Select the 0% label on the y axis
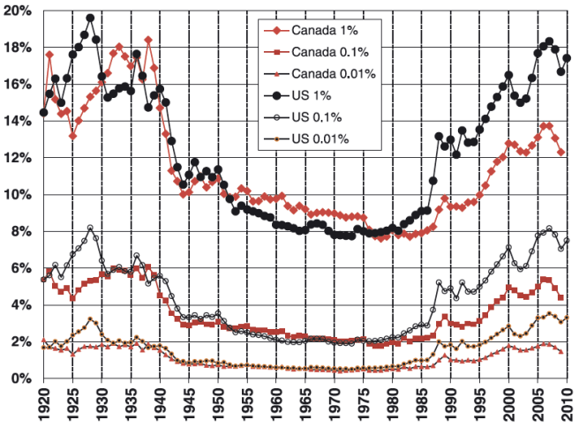(x=21, y=378)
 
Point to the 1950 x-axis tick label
(x=218, y=406)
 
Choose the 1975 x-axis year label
(x=363, y=406)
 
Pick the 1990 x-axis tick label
(x=450, y=406)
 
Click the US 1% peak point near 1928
(x=90, y=18)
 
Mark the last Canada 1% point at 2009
(x=560, y=152)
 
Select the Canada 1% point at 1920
(x=43, y=113)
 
